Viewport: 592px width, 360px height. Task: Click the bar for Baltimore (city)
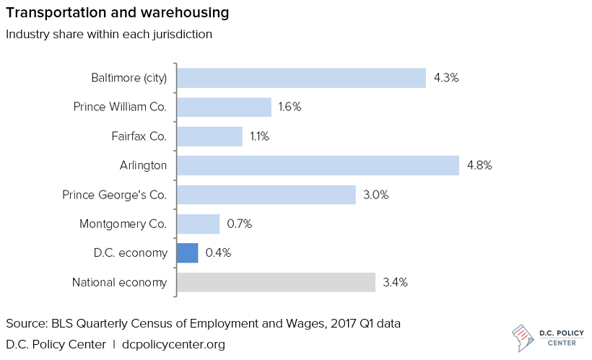pos(301,78)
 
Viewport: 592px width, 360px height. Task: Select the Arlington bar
pos(318,165)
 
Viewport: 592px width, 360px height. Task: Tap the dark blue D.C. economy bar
pos(187,253)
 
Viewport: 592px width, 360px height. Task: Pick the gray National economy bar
pos(276,282)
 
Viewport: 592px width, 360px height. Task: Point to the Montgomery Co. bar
pos(198,224)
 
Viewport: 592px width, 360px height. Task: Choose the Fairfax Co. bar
pos(209,136)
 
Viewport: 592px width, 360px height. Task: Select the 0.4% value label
pos(219,253)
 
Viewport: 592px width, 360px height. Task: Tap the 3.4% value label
pos(396,282)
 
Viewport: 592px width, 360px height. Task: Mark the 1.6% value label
pos(289,107)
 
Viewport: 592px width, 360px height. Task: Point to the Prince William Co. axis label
pos(120,107)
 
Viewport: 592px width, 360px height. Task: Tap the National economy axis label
pos(119,282)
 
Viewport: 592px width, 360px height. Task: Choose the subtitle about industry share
pos(109,34)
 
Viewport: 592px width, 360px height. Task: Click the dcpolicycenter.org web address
pos(173,344)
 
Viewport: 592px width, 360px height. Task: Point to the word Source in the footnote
pos(25,322)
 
